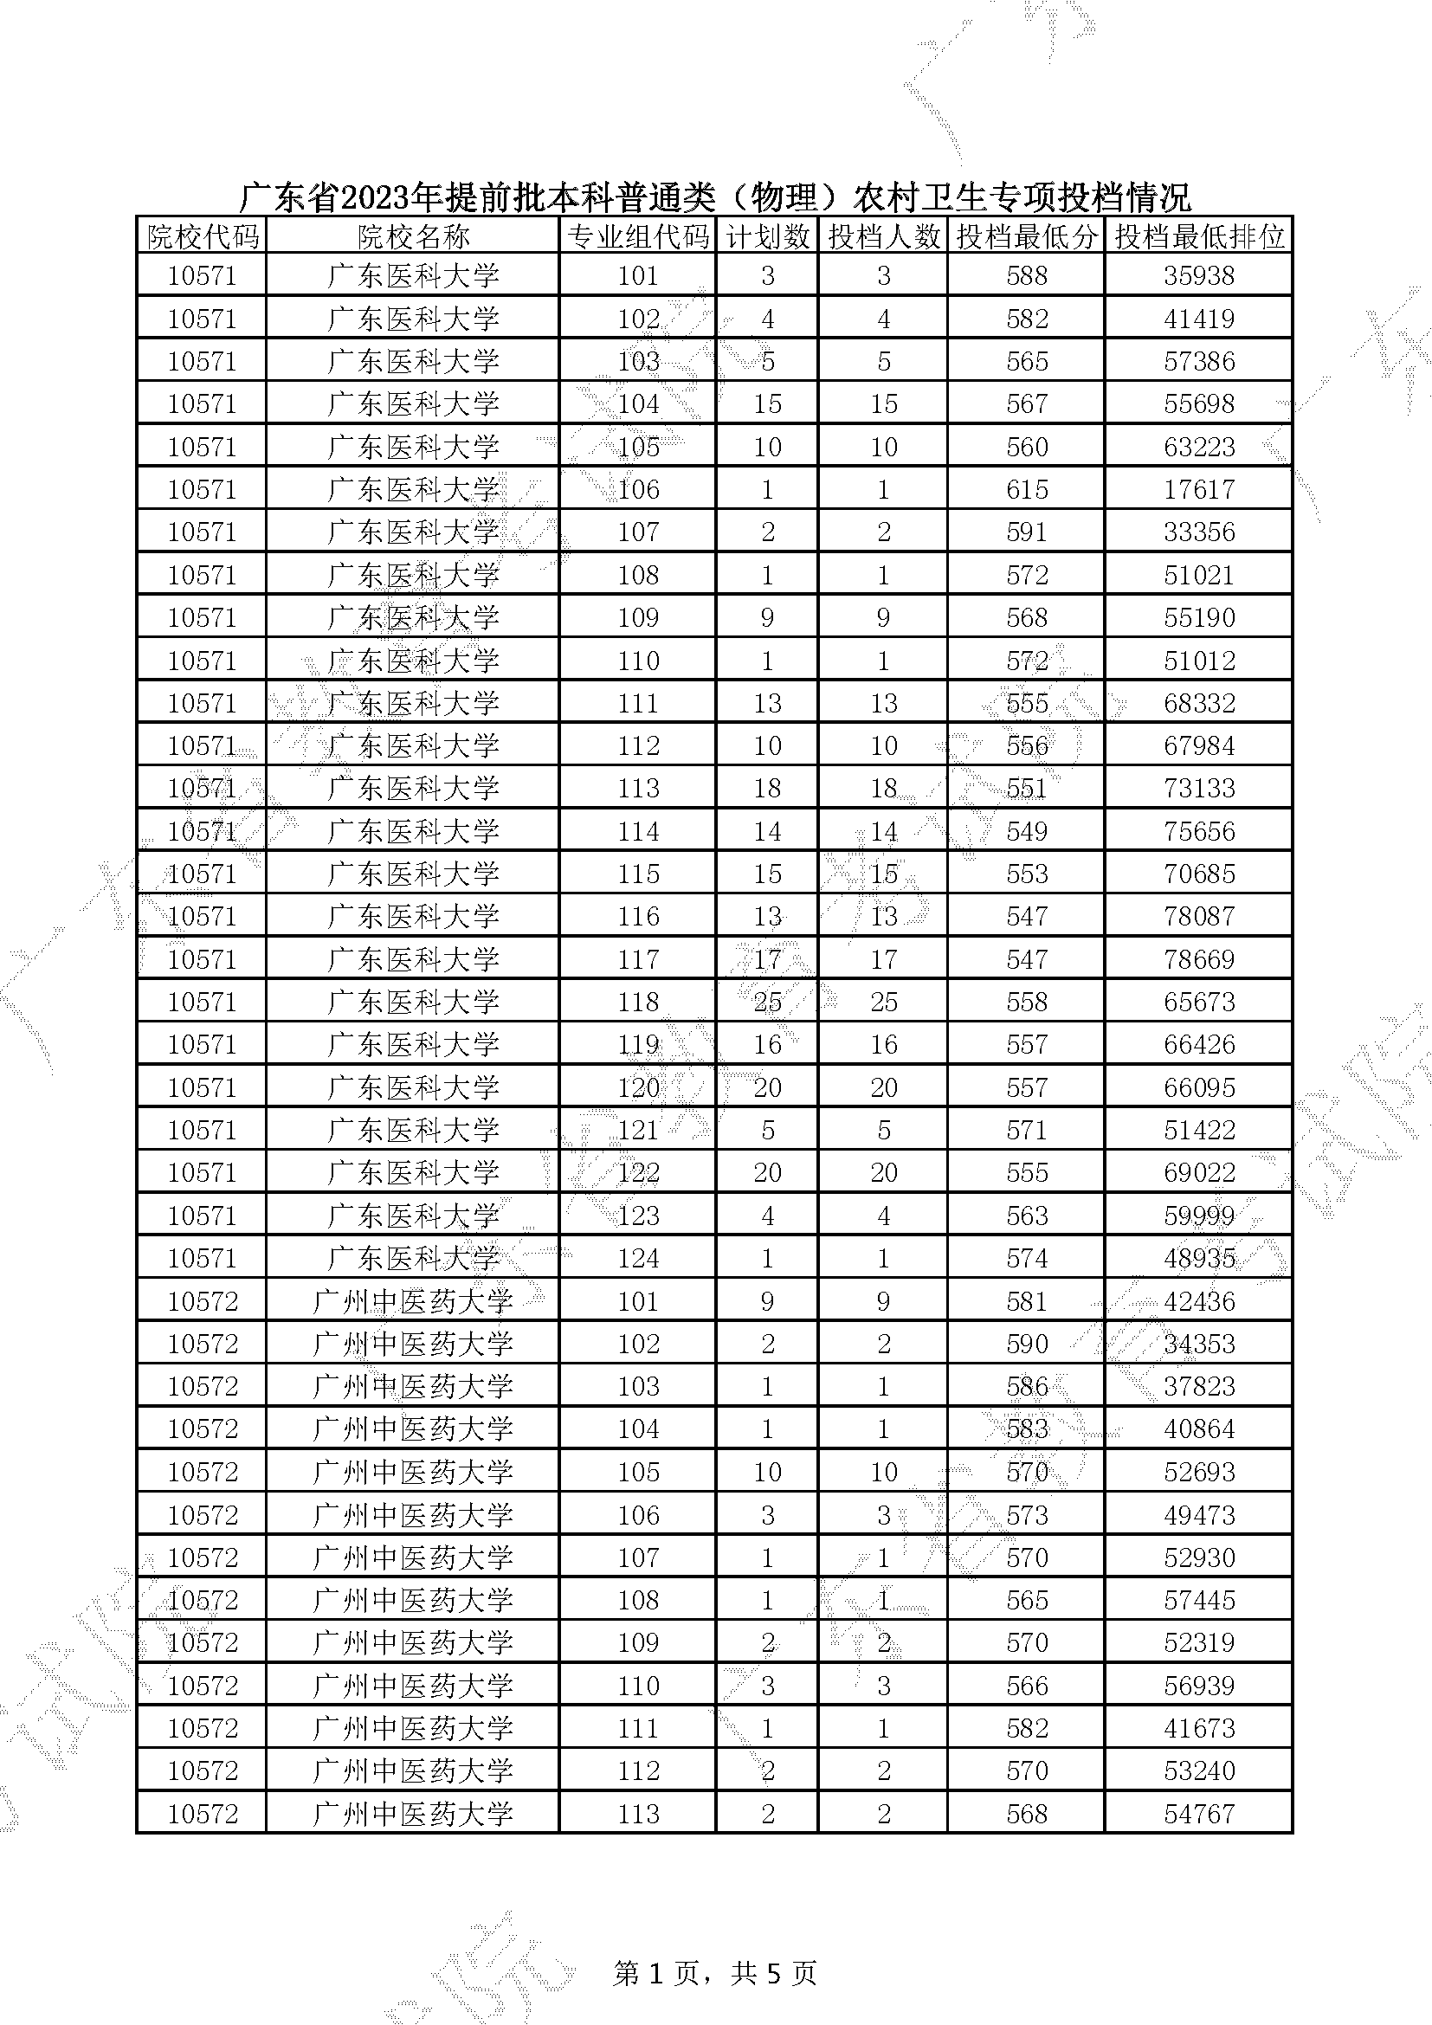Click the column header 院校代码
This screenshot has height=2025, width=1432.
202,236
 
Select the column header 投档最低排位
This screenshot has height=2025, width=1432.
1198,236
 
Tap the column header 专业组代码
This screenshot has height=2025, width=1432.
637,236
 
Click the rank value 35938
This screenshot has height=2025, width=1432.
1198,276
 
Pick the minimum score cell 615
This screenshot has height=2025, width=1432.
1027,489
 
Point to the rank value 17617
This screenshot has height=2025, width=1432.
1198,489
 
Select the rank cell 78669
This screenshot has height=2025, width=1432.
1198,959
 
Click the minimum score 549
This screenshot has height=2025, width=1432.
1027,831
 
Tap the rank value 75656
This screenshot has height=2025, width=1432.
1198,831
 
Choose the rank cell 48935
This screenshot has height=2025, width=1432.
1198,1258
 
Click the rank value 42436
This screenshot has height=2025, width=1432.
1198,1301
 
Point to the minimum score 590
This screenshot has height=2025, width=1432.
1027,1344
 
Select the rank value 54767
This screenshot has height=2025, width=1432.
1198,1814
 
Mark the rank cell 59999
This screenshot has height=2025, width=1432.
1198,1216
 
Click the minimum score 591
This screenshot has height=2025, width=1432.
1027,532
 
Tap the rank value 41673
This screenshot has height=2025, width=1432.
1198,1728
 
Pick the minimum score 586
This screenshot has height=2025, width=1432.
1027,1386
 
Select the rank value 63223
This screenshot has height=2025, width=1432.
1198,447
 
